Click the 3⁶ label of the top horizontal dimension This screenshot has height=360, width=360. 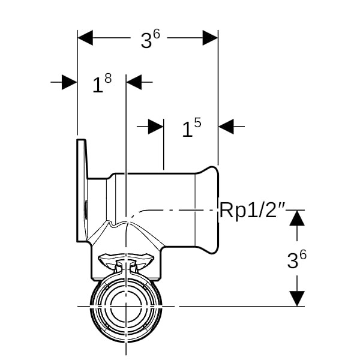pyautogui.click(x=150, y=39)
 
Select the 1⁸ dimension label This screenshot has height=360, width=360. pyautogui.click(x=101, y=83)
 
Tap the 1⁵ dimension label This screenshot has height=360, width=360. pyautogui.click(x=191, y=128)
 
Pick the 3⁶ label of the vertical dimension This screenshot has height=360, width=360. pyautogui.click(x=296, y=259)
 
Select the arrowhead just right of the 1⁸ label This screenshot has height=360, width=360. pyautogui.click(x=134, y=82)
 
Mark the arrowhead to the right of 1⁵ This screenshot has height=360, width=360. pyautogui.click(x=226, y=127)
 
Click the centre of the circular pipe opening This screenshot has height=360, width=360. pyautogui.click(x=125, y=307)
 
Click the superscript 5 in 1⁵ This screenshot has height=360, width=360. pyautogui.click(x=197, y=123)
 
